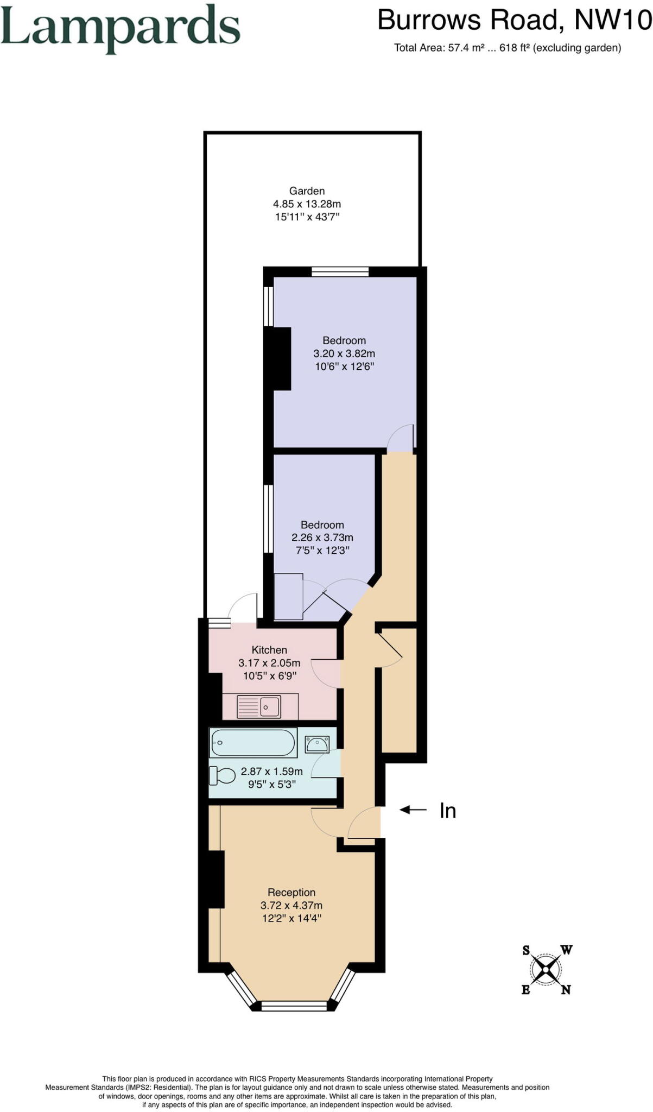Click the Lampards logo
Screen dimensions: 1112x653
120,28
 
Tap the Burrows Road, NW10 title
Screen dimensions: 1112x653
513,20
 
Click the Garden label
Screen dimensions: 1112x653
307,191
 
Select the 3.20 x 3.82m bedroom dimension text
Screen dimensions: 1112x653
344,353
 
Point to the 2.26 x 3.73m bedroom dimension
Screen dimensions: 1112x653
322,538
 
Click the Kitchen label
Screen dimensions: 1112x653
269,650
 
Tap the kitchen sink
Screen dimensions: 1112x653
259,706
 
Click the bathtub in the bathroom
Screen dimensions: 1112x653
253,742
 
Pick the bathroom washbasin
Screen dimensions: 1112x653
316,743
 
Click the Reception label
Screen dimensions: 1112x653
291,892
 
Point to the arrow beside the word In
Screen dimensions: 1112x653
414,810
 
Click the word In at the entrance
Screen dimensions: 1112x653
447,811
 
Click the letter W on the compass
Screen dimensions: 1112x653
567,950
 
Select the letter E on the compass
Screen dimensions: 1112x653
525,990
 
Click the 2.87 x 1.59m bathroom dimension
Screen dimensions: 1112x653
271,772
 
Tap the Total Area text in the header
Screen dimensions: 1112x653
507,48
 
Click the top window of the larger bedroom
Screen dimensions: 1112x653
340,272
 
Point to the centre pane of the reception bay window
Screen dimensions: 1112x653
294,1006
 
